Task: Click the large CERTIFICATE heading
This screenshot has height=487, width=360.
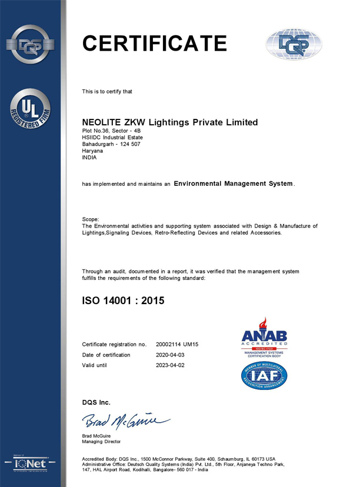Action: [154, 44]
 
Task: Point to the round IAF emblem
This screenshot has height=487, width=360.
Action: [264, 376]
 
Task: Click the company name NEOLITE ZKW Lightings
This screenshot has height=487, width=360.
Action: [169, 122]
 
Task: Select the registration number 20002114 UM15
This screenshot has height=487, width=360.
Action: [177, 343]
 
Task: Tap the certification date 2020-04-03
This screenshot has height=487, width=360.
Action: [170, 355]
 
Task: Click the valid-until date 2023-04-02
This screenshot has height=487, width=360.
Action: [170, 366]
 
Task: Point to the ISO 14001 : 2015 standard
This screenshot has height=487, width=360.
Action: [123, 301]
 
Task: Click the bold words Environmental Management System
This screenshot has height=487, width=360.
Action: [234, 184]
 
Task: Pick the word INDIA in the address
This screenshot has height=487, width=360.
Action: [90, 158]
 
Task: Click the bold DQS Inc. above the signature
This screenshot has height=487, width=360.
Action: [96, 402]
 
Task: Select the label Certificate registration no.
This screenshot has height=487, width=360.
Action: [114, 343]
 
